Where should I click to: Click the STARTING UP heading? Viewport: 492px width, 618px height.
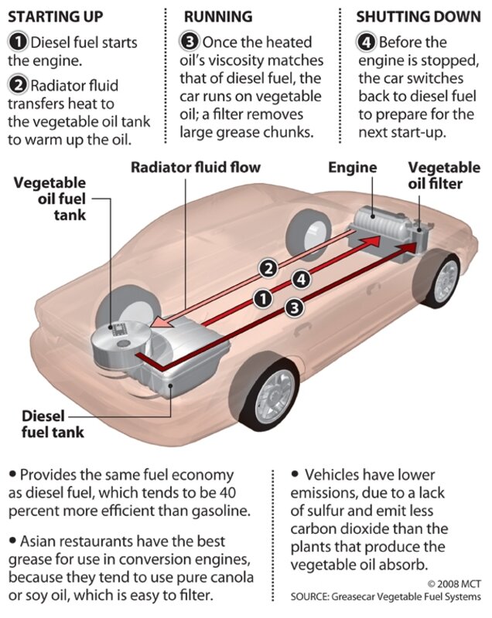(55, 16)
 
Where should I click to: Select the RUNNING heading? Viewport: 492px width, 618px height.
(217, 16)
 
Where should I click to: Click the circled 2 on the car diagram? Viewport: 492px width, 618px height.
(268, 268)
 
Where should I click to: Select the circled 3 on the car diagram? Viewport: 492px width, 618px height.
(293, 307)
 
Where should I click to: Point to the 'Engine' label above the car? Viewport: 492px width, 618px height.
(352, 167)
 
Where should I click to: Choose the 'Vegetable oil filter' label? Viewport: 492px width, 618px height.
(444, 175)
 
